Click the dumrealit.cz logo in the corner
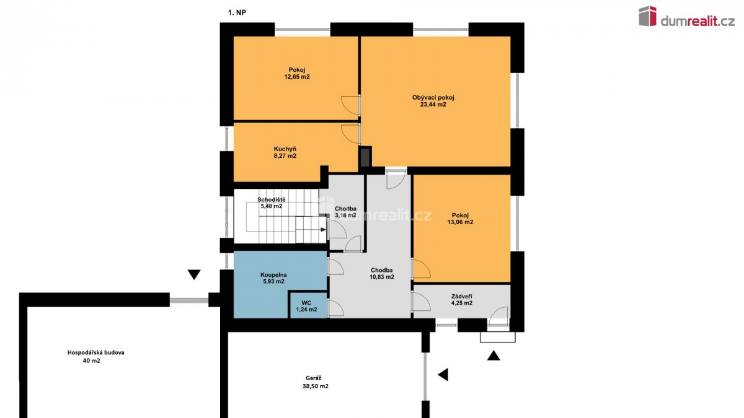point(686,17)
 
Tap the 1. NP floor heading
point(237,13)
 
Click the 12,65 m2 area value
point(297,77)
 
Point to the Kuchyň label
point(285,149)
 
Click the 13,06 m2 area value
point(460,222)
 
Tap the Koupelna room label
point(273,275)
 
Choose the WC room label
point(306,303)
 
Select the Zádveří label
point(462,296)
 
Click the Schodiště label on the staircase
point(272,199)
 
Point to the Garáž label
point(314,378)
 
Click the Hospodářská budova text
point(95,352)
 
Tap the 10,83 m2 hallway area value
point(382,277)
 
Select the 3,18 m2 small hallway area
point(345,215)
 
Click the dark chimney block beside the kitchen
point(365,157)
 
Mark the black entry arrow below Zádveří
point(494,355)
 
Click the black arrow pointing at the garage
point(443,375)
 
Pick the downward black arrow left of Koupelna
point(194,274)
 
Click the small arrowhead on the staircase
point(323,229)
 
